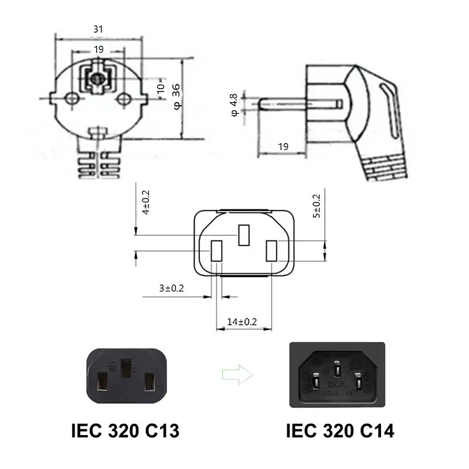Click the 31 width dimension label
[x=98, y=28]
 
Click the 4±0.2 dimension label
[x=147, y=202]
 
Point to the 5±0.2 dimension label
[x=317, y=206]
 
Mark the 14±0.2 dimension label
[x=242, y=321]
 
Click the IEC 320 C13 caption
[x=124, y=431]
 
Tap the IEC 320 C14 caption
[x=340, y=431]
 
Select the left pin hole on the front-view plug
[x=71, y=99]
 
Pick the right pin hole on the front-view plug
[x=123, y=99]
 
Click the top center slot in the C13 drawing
[x=244, y=235]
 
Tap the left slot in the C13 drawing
[x=216, y=250]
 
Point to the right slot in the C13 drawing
[x=272, y=250]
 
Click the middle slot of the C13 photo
[x=126, y=368]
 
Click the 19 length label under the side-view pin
[x=283, y=147]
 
